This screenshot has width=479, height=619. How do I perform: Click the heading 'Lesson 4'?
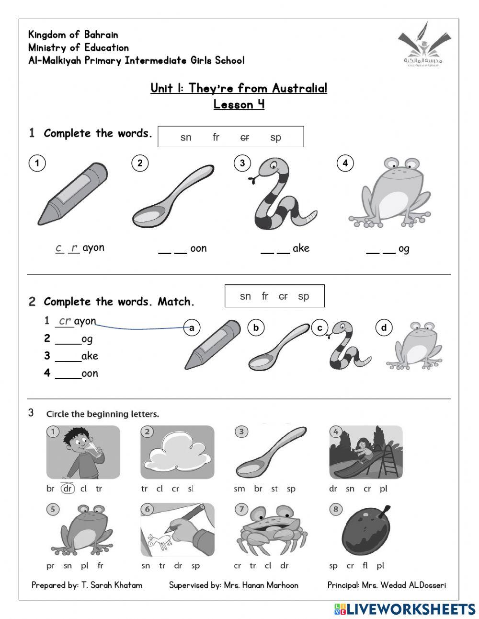239,104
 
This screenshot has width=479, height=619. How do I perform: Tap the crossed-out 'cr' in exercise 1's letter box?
245,138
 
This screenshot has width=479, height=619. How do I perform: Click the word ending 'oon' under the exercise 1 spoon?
198,248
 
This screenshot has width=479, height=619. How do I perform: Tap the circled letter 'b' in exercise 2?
256,328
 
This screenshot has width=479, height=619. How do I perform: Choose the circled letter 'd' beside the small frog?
384,328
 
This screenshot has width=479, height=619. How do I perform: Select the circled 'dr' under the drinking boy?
68,489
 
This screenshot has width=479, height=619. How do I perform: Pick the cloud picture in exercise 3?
178,452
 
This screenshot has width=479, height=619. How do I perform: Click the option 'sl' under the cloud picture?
191,489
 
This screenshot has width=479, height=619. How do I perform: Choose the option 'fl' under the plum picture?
365,566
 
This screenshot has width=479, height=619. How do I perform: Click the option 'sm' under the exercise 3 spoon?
239,489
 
